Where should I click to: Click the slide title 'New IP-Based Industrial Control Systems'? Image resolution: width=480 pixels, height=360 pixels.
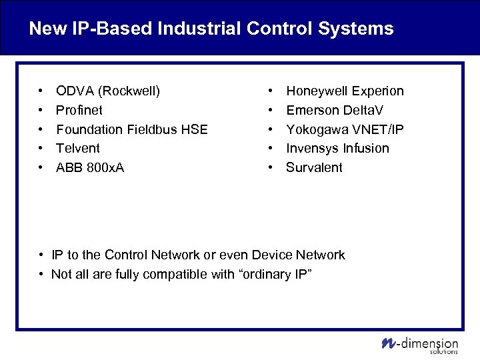(x=211, y=29)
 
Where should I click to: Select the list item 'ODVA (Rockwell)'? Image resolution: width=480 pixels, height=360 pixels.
(x=107, y=91)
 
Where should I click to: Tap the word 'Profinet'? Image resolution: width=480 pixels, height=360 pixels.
(x=79, y=110)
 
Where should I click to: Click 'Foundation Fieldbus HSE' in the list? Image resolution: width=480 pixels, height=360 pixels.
(x=131, y=129)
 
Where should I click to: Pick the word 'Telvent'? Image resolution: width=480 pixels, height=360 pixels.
(x=77, y=148)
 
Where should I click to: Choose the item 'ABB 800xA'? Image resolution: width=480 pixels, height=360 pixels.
(x=89, y=167)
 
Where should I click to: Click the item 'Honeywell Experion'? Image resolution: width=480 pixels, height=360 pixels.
(x=345, y=91)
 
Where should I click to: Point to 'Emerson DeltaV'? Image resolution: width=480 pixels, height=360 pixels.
(x=335, y=110)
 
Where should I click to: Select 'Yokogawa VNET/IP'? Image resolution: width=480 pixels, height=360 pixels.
(x=345, y=129)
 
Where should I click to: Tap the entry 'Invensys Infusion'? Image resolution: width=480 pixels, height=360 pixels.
(x=337, y=148)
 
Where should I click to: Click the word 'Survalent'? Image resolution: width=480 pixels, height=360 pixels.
(x=314, y=167)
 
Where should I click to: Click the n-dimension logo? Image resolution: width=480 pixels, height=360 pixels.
(x=419, y=343)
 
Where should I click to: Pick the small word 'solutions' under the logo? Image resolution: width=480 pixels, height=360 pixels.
(x=445, y=351)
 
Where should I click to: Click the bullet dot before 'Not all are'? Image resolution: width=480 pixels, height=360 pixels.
(x=41, y=274)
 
